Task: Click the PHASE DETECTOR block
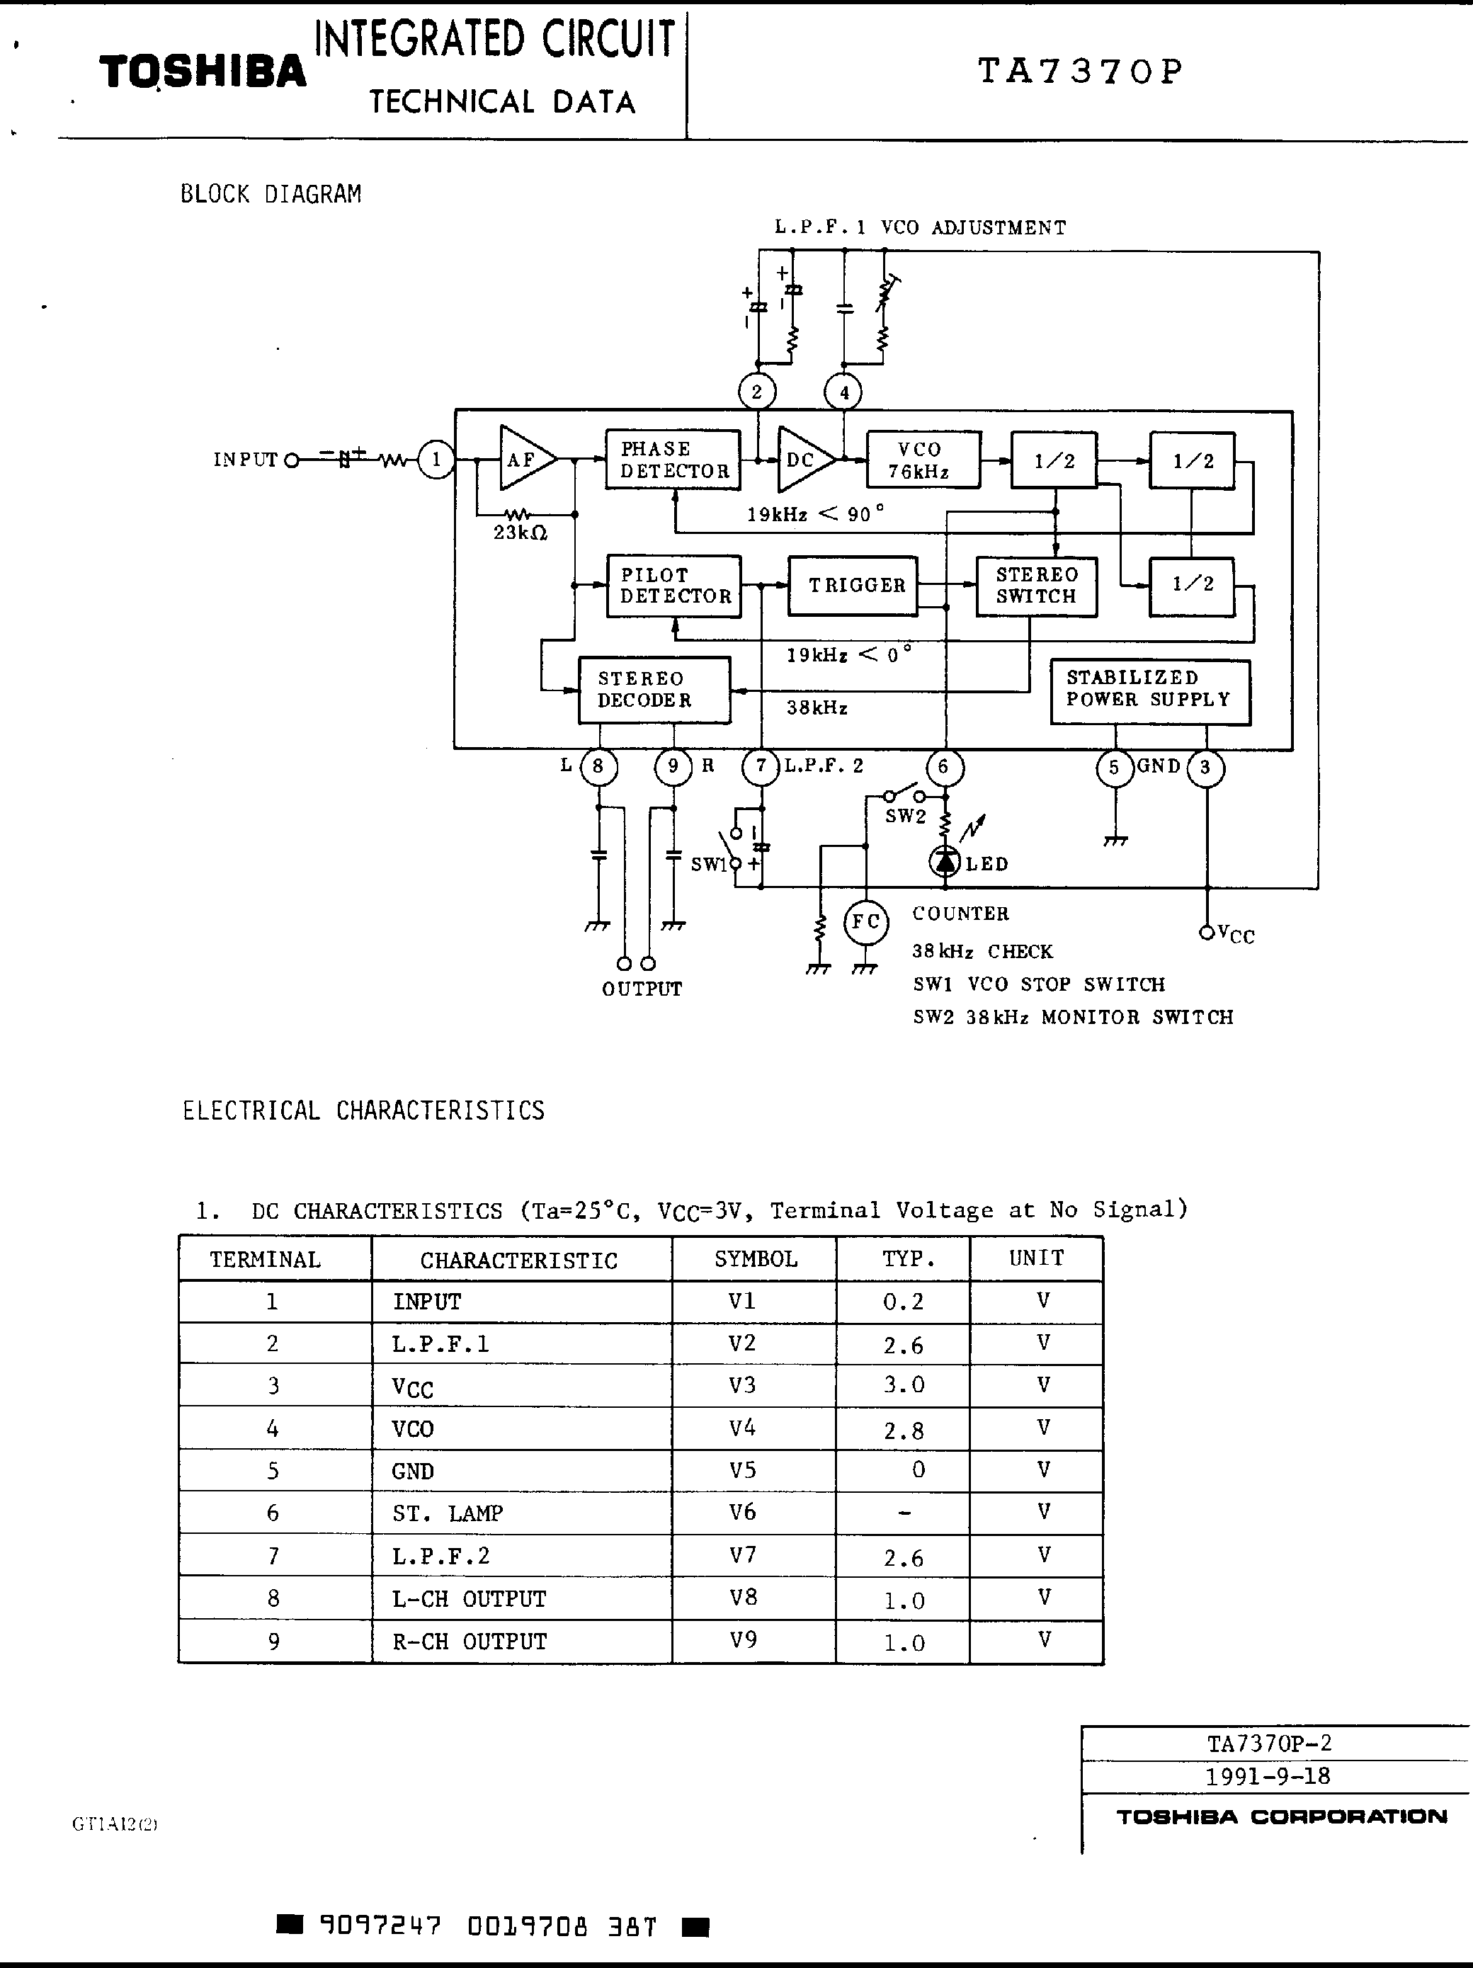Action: pyautogui.click(x=673, y=459)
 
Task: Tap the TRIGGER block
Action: pyautogui.click(x=852, y=586)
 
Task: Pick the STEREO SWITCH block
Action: pyautogui.click(x=1036, y=586)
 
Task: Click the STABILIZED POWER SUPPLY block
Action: pyautogui.click(x=1150, y=691)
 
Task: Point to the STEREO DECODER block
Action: pyautogui.click(x=654, y=690)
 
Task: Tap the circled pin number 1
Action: pyautogui.click(x=436, y=460)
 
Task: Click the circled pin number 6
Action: pyautogui.click(x=944, y=767)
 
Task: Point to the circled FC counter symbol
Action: pyautogui.click(x=865, y=922)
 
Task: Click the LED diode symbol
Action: pyautogui.click(x=945, y=861)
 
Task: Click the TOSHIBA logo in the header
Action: pyautogui.click(x=203, y=72)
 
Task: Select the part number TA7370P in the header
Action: pyautogui.click(x=1080, y=70)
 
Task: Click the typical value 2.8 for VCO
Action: pyautogui.click(x=904, y=1431)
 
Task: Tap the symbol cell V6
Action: pyautogui.click(x=742, y=1513)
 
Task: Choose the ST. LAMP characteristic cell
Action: pyautogui.click(x=448, y=1513)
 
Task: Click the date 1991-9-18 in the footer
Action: pyautogui.click(x=1268, y=1776)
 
